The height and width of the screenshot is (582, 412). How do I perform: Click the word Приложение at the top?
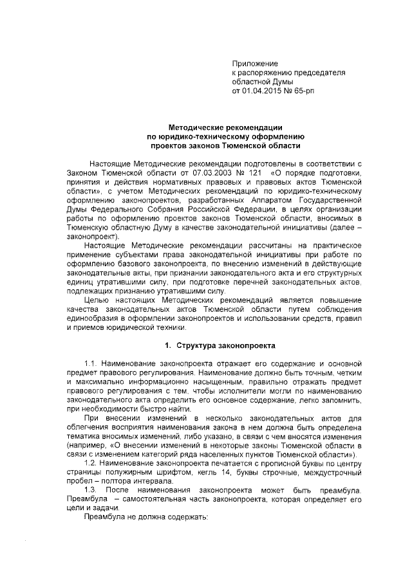(x=255, y=64)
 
